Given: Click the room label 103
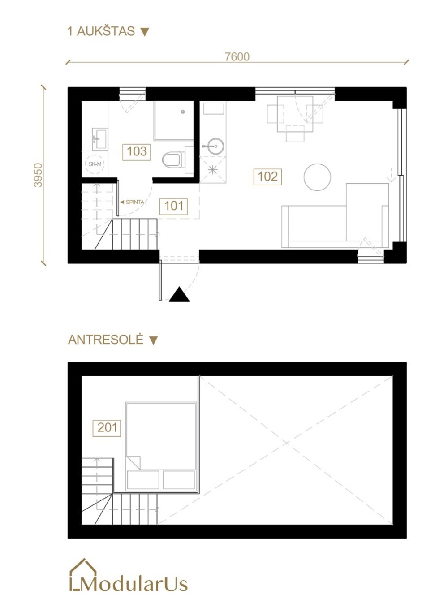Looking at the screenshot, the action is pos(137,151).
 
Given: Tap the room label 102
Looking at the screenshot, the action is pos(267,177).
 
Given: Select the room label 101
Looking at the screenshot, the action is pos(174,206).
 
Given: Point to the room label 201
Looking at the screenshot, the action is pos(107,427).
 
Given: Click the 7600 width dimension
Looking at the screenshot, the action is pos(237,56).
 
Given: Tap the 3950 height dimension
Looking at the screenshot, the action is pos(38,175).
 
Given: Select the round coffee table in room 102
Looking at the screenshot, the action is pos(317,177).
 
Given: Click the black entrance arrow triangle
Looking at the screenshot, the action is pos(179,294).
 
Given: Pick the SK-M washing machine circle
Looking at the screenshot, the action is pos(95,164).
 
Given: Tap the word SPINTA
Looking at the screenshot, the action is pos(135,202).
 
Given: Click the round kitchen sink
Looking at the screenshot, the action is pos(215,146).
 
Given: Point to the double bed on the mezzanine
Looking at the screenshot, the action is pos(161,447).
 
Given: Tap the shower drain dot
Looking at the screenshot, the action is pos(183,112).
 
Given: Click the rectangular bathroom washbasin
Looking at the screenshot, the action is pos(100,139).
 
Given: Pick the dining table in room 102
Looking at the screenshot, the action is pos(295,114).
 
